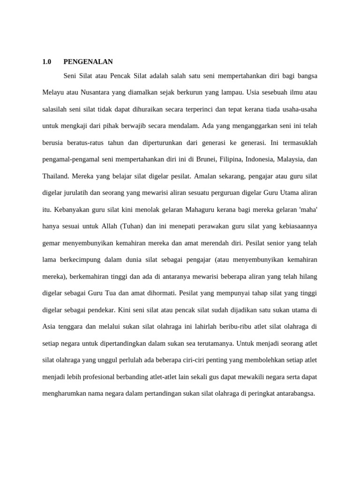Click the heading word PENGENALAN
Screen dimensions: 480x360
[88, 61]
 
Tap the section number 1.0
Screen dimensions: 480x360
[46, 61]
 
